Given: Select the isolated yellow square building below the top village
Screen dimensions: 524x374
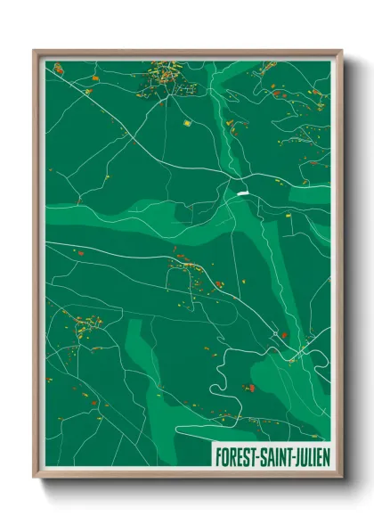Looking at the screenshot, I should [187, 122].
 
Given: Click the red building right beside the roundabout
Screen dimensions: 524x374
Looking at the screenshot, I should [285, 336].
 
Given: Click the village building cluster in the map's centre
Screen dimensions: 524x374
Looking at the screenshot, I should [191, 267].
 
